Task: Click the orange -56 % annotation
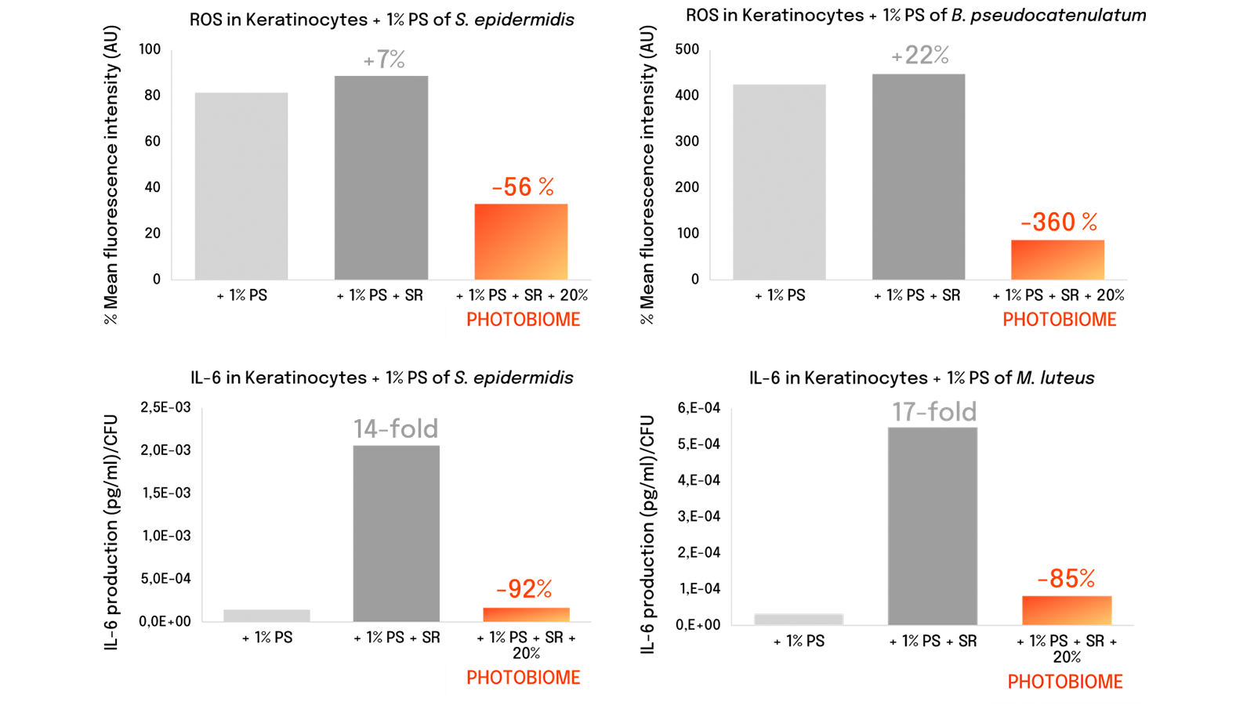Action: (523, 187)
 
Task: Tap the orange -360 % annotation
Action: (1059, 222)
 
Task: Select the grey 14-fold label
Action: (396, 428)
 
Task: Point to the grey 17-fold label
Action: (933, 412)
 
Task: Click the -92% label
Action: (524, 588)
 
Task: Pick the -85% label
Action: (1066, 579)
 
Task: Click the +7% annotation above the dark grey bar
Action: (383, 60)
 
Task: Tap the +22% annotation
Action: (920, 56)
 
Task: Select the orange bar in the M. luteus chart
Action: (1067, 610)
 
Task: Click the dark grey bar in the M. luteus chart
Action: (933, 526)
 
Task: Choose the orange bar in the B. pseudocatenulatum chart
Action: (1057, 259)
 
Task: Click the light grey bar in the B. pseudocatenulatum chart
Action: (779, 182)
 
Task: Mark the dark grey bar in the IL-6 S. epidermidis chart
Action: (397, 533)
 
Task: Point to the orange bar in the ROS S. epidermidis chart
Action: (521, 242)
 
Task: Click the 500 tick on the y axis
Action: (687, 49)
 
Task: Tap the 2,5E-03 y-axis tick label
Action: (165, 407)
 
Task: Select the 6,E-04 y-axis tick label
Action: (698, 408)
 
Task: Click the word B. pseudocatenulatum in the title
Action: (1049, 15)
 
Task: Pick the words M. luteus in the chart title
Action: (1055, 378)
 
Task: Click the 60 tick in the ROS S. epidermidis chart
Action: (152, 141)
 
